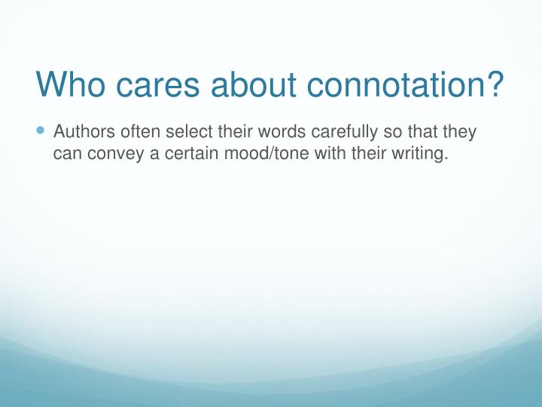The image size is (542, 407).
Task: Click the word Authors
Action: (84, 132)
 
